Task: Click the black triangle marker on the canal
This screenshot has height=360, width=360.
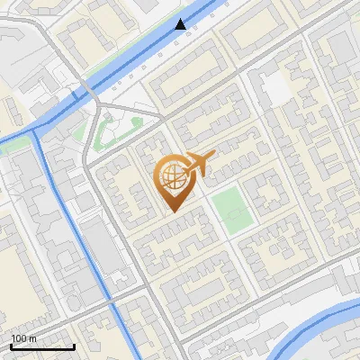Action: pyautogui.click(x=181, y=24)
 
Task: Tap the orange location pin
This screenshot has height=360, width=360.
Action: pyautogui.click(x=173, y=180)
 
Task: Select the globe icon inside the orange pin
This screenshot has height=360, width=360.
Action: pyautogui.click(x=171, y=176)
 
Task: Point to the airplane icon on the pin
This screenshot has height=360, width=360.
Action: pyautogui.click(x=200, y=165)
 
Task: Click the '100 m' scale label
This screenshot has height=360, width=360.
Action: pyautogui.click(x=24, y=337)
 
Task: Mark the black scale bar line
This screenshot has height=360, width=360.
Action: pyautogui.click(x=42, y=346)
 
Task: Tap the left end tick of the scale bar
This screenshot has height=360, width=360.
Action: pyautogui.click(x=11, y=345)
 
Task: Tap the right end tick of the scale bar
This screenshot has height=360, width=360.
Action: pyautogui.click(x=74, y=345)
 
